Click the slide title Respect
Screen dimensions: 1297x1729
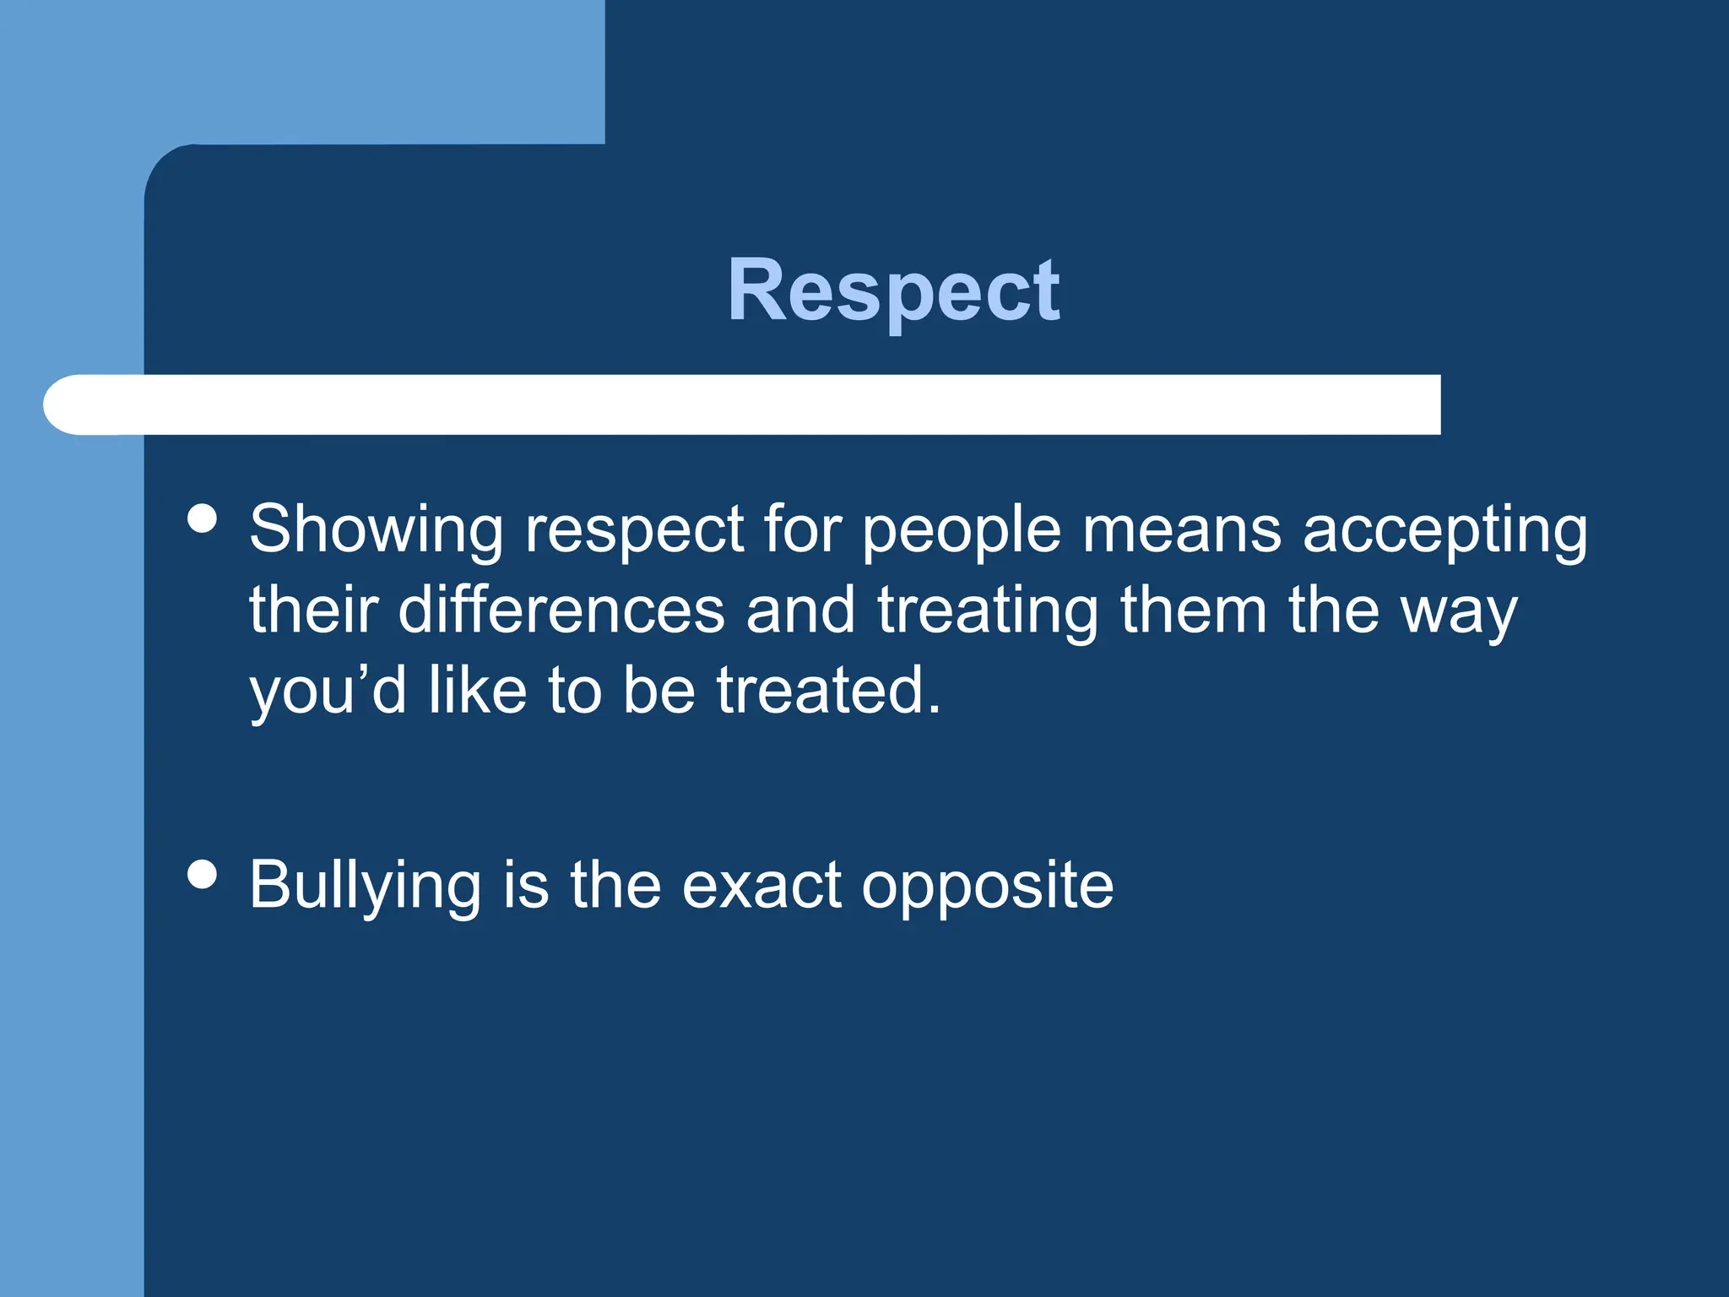[x=893, y=290]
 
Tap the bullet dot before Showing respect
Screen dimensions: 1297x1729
[x=203, y=518]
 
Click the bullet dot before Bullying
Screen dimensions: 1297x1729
[x=203, y=874]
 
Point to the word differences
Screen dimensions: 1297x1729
[x=561, y=611]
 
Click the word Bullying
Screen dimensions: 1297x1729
[x=365, y=887]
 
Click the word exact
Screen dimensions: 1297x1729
[x=761, y=887]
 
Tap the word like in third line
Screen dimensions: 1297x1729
[x=478, y=690]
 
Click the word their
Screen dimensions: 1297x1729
[x=313, y=610]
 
